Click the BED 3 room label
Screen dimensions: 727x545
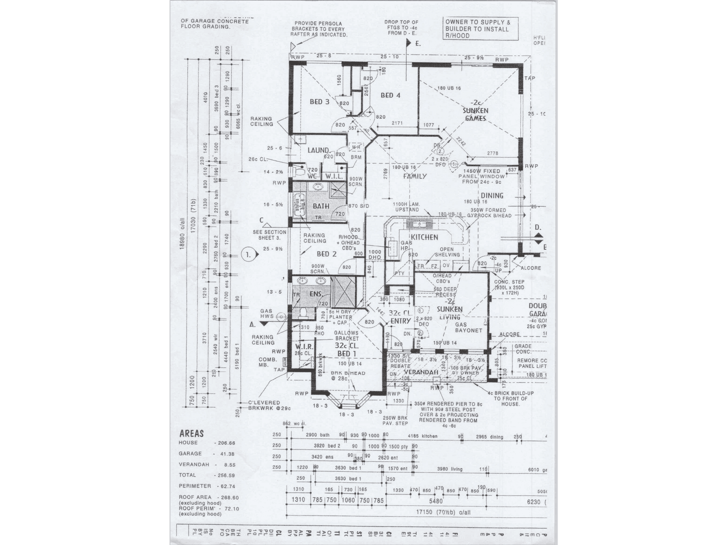point(319,102)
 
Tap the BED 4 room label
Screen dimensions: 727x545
point(390,95)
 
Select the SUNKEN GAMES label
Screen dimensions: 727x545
point(475,114)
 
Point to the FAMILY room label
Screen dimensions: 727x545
point(415,176)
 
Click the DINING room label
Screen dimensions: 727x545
point(492,196)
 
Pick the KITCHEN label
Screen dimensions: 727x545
point(424,237)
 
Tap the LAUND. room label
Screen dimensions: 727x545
point(318,150)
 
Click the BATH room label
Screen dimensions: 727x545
point(321,206)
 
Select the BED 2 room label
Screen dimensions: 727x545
point(326,254)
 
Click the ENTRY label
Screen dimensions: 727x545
point(401,321)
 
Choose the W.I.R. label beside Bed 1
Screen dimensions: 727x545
point(304,347)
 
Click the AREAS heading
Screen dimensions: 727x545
point(192,434)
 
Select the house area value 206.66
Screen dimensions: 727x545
point(224,443)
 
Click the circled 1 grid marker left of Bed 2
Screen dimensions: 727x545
point(248,255)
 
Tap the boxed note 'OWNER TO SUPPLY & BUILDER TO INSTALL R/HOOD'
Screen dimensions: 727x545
point(481,29)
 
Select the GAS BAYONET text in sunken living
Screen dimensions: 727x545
point(468,328)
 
